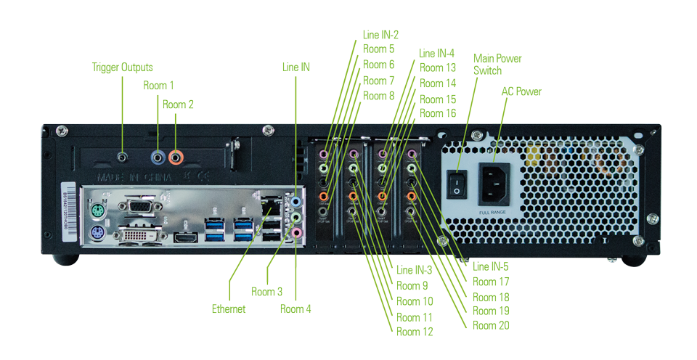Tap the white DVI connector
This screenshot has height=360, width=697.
pyautogui.click(x=138, y=236)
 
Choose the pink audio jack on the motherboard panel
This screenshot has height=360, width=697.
pyautogui.click(x=296, y=233)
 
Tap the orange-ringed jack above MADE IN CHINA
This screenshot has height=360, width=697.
pyautogui.click(x=175, y=155)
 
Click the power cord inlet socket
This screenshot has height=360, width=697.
pyautogui.click(x=494, y=184)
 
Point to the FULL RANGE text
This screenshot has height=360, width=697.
pyautogui.click(x=494, y=213)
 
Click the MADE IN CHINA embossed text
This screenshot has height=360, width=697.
pyautogui.click(x=134, y=176)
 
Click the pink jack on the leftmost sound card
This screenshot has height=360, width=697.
pyautogui.click(x=325, y=155)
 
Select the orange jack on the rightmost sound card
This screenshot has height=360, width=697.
pyautogui.click(x=411, y=196)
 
